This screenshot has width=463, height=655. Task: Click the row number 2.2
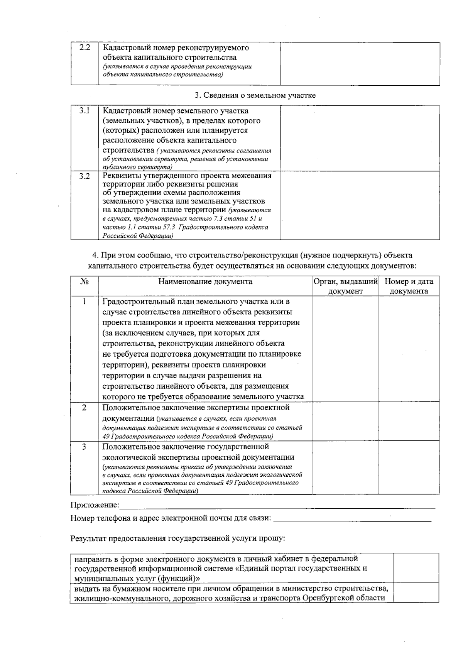tap(84, 48)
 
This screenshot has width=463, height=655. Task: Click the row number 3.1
tap(84, 111)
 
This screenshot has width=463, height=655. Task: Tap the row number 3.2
tap(84, 176)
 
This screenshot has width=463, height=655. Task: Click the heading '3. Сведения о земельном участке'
tap(255, 95)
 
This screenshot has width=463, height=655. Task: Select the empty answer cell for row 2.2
tap(360, 64)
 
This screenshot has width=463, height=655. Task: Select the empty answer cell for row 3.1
tap(360, 138)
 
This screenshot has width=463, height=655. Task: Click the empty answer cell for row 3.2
tap(360, 205)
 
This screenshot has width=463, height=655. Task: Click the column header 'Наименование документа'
tap(205, 282)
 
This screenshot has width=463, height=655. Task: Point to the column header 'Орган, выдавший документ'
tap(345, 286)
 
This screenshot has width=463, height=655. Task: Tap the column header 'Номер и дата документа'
tap(409, 286)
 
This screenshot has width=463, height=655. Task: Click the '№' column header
tap(84, 282)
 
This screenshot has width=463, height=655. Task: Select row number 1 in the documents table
tap(84, 301)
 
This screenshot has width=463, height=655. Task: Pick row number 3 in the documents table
tap(84, 447)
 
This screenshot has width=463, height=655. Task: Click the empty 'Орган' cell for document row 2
tap(345, 421)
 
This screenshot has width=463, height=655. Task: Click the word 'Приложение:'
tap(95, 505)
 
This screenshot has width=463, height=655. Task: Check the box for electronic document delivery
tap(416, 568)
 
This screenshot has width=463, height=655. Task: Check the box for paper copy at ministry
tap(416, 592)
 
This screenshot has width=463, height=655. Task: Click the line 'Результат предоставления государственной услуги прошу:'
tap(177, 538)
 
